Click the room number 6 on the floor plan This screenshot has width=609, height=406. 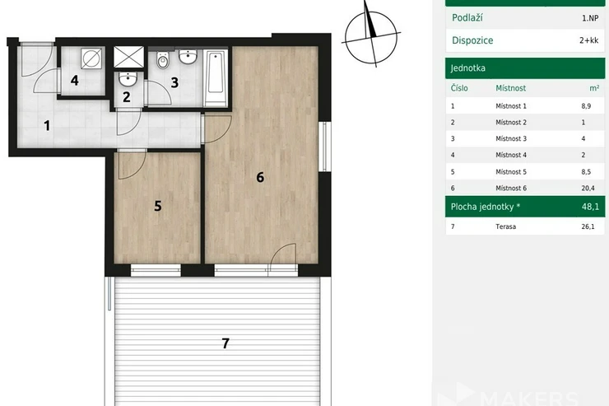pyautogui.click(x=260, y=178)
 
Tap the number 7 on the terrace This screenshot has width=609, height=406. pyautogui.click(x=225, y=343)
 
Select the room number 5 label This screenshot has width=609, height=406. pyautogui.click(x=158, y=206)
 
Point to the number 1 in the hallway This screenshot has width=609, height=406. pyautogui.click(x=47, y=125)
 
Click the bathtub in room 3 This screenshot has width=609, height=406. pyautogui.click(x=216, y=77)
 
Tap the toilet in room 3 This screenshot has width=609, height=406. pyautogui.click(x=163, y=60)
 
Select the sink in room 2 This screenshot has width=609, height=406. pyautogui.click(x=128, y=80)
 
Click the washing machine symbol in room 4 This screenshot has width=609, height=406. pyautogui.click(x=91, y=58)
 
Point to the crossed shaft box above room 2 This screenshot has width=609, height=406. pyautogui.click(x=128, y=57)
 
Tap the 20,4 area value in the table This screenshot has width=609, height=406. pyautogui.click(x=588, y=189)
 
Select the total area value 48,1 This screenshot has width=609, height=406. pyautogui.click(x=590, y=207)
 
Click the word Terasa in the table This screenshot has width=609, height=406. pyautogui.click(x=505, y=226)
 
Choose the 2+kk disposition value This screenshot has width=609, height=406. pyautogui.click(x=588, y=40)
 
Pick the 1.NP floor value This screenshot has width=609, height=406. pyautogui.click(x=590, y=18)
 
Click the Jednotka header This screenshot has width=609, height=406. pyautogui.click(x=468, y=68)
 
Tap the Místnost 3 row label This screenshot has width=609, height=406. pyautogui.click(x=511, y=138)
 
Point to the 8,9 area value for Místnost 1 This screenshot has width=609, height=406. pyautogui.click(x=586, y=106)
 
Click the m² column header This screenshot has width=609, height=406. pyautogui.click(x=594, y=88)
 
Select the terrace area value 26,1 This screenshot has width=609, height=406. pyautogui.click(x=588, y=226)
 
